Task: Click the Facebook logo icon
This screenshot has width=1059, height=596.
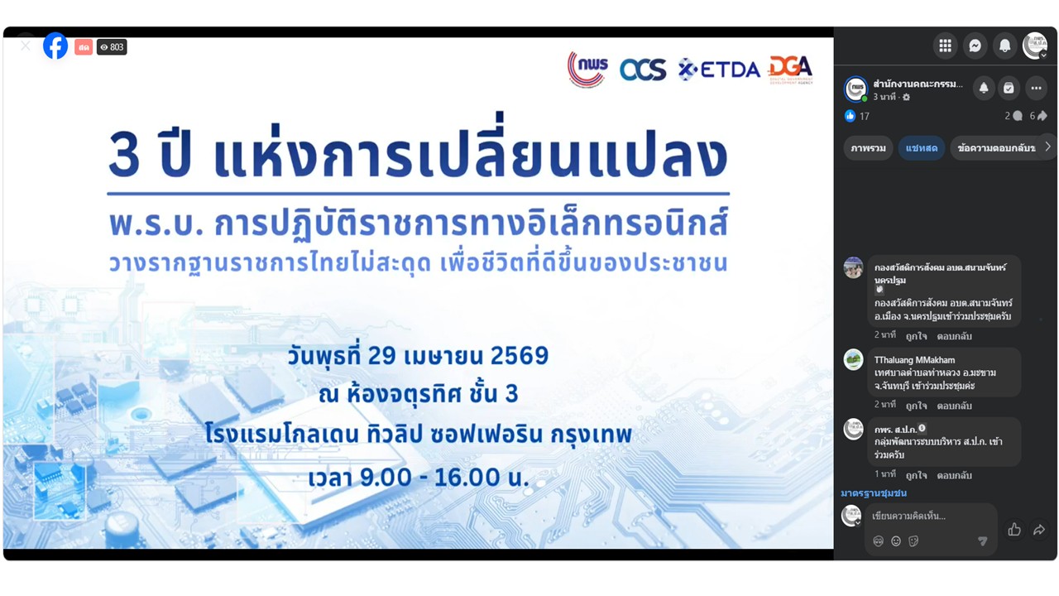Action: (55, 46)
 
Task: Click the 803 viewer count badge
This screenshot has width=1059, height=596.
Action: (112, 47)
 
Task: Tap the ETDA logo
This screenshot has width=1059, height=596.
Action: (718, 70)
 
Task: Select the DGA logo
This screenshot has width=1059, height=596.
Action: (790, 69)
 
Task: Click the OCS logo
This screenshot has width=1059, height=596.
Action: (642, 70)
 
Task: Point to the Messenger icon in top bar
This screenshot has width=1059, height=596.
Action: (975, 46)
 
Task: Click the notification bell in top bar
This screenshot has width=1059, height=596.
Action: (1004, 46)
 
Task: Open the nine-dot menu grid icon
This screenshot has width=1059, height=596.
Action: (945, 46)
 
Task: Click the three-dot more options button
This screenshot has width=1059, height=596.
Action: (1036, 88)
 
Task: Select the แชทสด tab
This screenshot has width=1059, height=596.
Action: (921, 148)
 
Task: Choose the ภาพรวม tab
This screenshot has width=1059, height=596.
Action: (868, 148)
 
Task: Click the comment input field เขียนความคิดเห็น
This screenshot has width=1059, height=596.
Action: (918, 516)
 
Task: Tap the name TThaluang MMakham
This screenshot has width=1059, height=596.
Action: (914, 360)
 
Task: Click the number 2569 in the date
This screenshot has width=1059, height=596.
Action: (520, 357)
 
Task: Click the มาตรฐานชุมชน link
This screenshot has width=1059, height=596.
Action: (874, 493)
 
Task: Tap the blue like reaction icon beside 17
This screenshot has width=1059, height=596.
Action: (850, 116)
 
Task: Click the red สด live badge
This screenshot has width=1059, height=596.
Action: (83, 47)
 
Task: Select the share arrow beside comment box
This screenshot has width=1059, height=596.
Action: (1039, 530)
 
